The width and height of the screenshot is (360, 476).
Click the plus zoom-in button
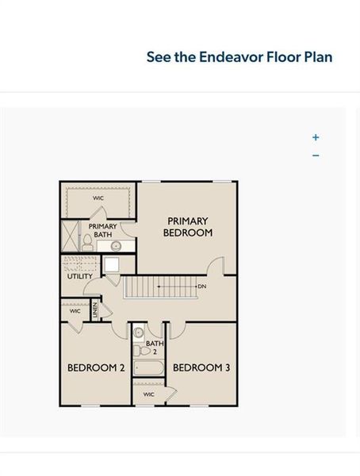pos(316,137)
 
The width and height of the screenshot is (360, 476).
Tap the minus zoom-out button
pos(316,155)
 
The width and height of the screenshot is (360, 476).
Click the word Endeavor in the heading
pos(232,57)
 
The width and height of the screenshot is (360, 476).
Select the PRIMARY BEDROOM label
pos(188,227)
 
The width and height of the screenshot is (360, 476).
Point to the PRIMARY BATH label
pos(102,230)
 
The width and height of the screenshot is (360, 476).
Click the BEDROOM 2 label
pos(96,368)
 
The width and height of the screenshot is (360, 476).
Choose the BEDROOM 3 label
pos(201,368)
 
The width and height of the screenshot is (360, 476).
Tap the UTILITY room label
pos(80,276)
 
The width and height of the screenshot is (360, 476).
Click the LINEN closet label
pos(95,310)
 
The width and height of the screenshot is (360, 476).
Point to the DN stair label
pos(202,286)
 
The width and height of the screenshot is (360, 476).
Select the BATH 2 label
pos(155,347)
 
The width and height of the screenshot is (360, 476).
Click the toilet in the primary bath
pos(87,243)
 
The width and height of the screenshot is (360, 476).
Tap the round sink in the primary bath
pos(116,246)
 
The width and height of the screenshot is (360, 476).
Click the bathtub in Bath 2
pos(149,368)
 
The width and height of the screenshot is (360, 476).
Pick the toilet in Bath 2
pos(141,351)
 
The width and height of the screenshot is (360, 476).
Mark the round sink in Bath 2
pos(139,332)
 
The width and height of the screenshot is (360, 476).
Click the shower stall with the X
pos(70,236)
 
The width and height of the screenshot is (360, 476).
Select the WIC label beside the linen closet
pos(75,311)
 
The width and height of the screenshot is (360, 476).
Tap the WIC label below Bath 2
pos(149,394)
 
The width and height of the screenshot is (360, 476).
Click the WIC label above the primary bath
pos(98,198)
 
